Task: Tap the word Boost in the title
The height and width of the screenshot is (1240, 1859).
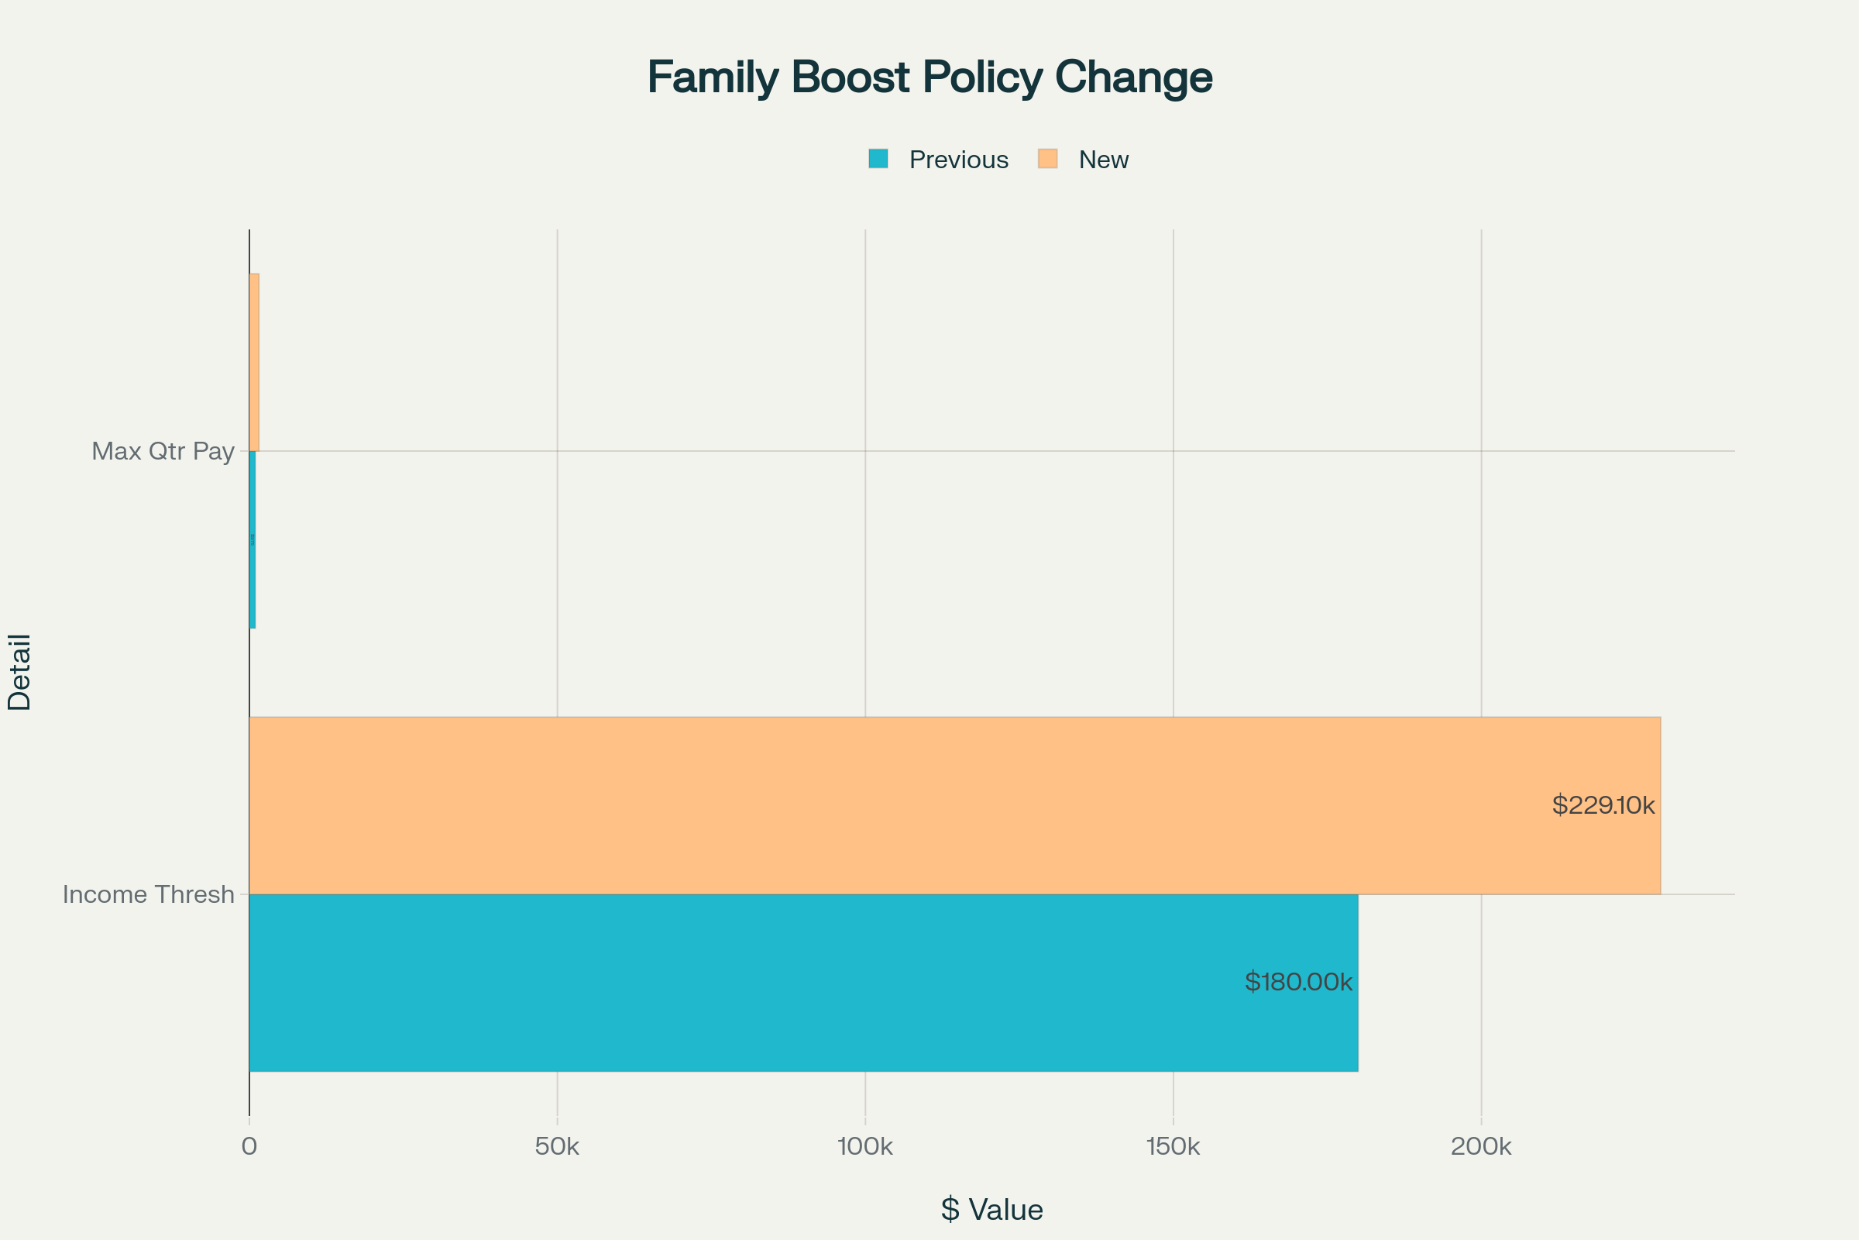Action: pos(850,77)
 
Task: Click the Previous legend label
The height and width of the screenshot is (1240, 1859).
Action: pos(958,160)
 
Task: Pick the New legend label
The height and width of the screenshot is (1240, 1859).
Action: pos(1103,160)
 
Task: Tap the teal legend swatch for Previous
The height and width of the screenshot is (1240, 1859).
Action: pos(878,159)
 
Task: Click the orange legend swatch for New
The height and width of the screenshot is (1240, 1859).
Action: pos(1047,159)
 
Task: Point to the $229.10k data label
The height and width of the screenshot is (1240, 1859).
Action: pos(1603,805)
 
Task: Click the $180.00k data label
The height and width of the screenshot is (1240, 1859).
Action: pos(1298,982)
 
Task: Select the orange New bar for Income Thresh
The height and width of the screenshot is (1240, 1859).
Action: pos(869,805)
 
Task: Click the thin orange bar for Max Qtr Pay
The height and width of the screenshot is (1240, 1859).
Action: pos(255,362)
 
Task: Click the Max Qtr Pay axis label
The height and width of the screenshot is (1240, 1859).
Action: pos(163,452)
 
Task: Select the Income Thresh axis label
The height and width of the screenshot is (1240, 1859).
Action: pos(149,894)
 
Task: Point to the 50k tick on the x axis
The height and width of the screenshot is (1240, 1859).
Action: pos(557,1147)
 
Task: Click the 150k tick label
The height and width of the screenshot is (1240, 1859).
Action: pos(1173,1147)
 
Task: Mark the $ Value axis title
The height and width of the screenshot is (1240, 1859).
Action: pos(992,1210)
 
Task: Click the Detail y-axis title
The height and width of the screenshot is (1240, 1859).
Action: pos(20,672)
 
